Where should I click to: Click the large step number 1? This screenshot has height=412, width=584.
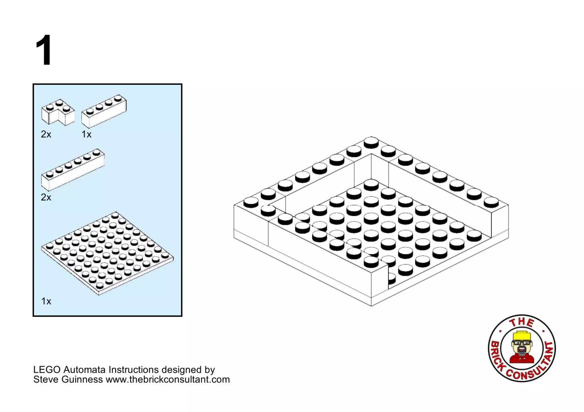click(44, 50)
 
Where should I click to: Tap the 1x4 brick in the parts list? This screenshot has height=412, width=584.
click(104, 111)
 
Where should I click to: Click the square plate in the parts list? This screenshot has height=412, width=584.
click(107, 253)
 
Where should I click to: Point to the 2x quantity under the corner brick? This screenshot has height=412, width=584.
click(46, 134)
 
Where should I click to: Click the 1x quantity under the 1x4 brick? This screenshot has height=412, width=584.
click(86, 134)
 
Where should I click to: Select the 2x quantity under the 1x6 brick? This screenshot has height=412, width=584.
click(46, 197)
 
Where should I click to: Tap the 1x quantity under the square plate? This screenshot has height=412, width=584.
click(46, 301)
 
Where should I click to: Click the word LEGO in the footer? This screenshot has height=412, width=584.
click(47, 370)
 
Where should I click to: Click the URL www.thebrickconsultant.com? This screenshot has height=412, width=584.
click(168, 380)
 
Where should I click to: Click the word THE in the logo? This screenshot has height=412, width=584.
click(522, 322)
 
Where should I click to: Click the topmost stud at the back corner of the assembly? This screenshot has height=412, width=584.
click(371, 142)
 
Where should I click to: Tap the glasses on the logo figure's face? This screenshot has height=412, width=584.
click(522, 343)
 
